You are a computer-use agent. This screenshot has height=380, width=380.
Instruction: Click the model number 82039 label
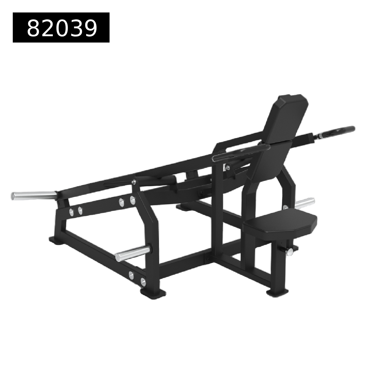pos(61,27)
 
